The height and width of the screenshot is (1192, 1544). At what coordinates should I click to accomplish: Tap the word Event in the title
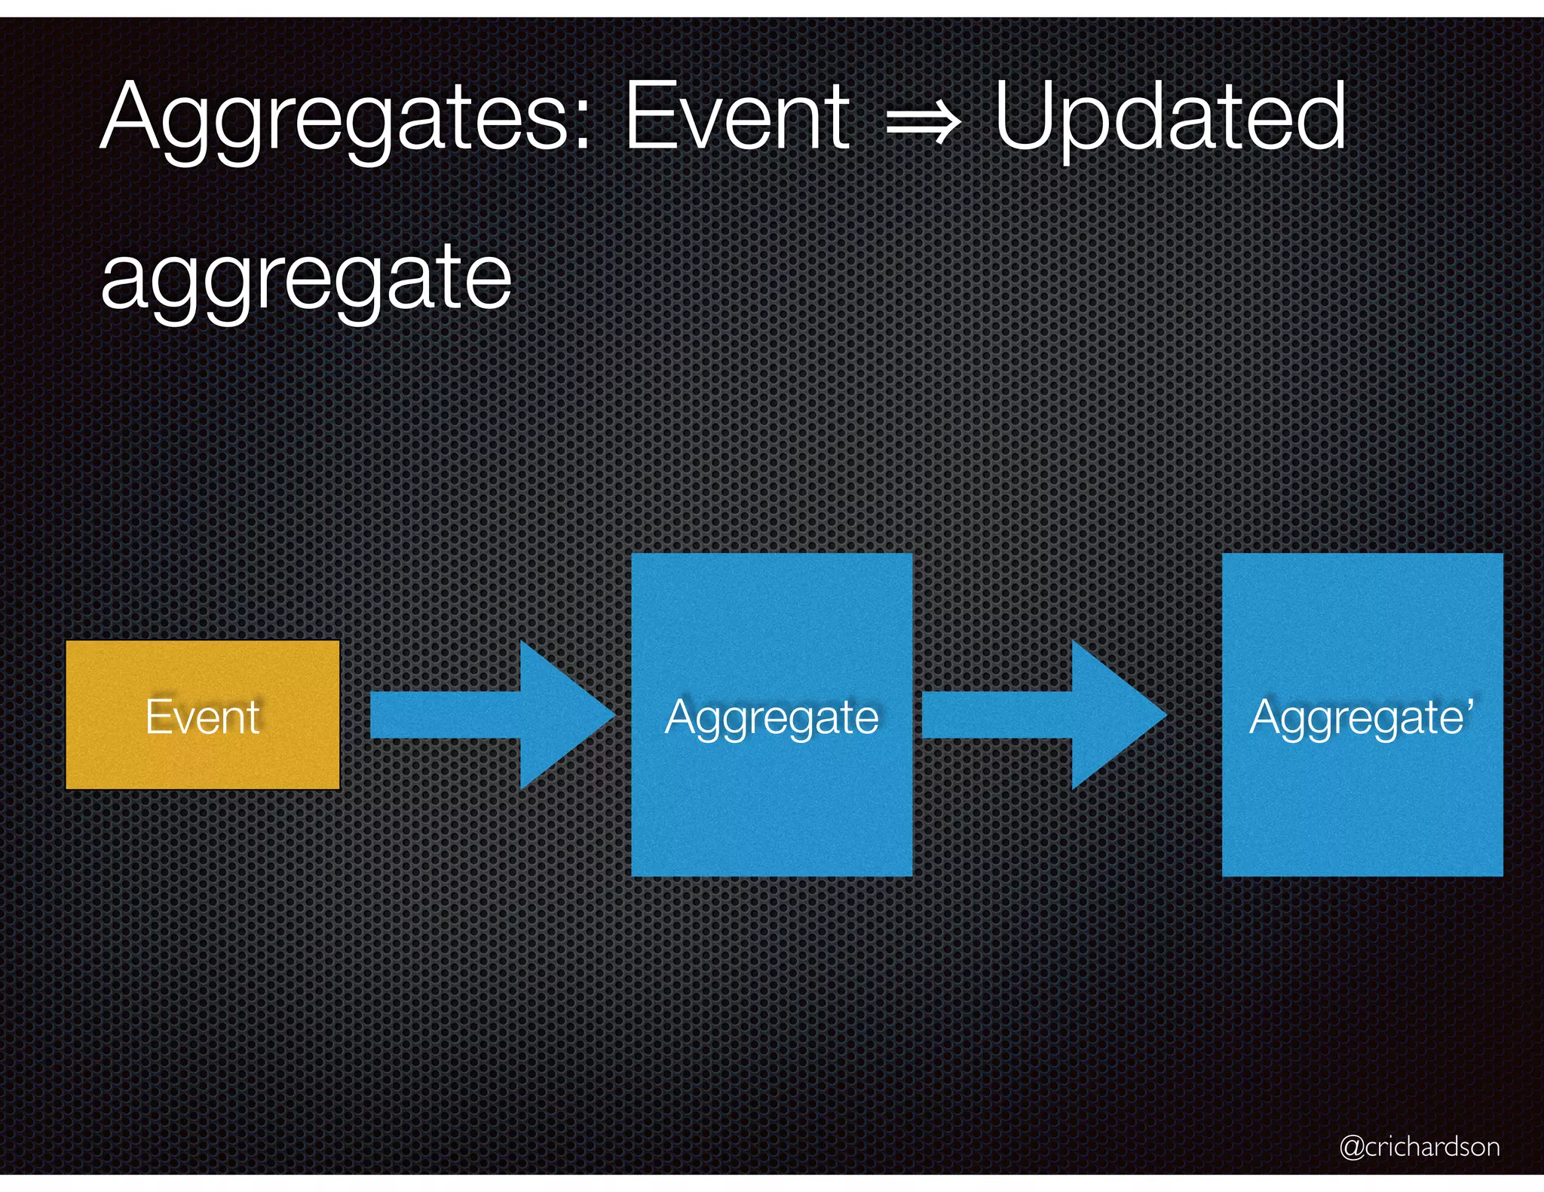(x=737, y=117)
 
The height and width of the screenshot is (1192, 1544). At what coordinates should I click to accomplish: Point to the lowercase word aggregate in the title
(x=306, y=279)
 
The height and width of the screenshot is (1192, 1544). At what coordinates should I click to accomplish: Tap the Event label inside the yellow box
(x=202, y=717)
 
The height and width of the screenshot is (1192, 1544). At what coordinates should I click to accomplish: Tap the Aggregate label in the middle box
(x=771, y=717)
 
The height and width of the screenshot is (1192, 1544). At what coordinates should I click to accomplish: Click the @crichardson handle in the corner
(x=1420, y=1146)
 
